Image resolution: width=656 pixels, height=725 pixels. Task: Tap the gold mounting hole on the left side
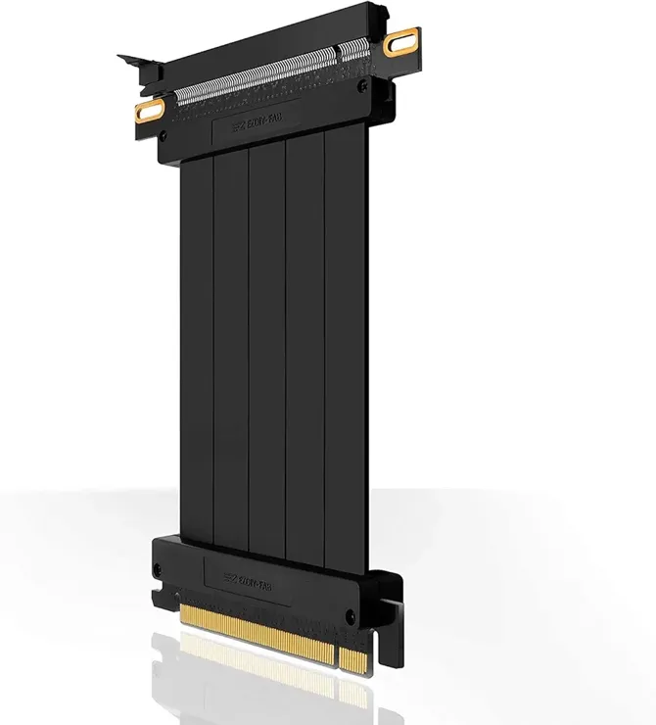(x=149, y=110)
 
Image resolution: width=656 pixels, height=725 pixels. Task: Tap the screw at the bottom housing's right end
(x=351, y=616)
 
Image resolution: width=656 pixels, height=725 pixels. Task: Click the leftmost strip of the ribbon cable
(x=197, y=343)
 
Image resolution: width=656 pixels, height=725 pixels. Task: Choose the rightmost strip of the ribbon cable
(x=346, y=343)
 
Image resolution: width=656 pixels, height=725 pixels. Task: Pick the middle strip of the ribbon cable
(x=267, y=343)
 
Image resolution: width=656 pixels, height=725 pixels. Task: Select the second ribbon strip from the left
(x=231, y=343)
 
